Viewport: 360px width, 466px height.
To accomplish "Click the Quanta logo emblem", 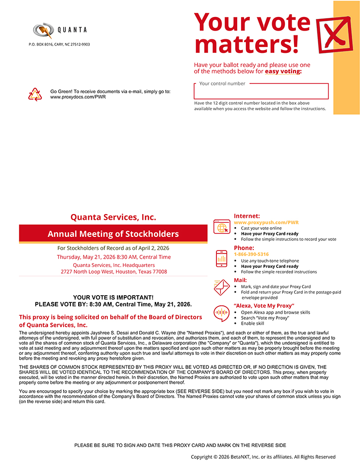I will (43, 31).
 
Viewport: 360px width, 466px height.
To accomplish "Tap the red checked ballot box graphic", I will (334, 34).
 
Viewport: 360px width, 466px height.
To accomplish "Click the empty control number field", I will (261, 92).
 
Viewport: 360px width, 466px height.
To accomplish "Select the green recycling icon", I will (35, 94).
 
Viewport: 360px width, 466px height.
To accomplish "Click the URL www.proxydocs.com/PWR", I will (78, 97).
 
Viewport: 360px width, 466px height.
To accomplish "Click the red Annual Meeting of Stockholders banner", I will (113, 234).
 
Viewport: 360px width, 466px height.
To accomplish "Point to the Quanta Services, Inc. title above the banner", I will (113, 217).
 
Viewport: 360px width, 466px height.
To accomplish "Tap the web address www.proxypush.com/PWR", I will (266, 222).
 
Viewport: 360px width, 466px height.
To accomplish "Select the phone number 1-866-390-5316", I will (251, 254).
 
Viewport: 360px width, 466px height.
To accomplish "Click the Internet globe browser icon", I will (222, 227).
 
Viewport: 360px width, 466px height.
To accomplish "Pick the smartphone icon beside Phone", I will (222, 258).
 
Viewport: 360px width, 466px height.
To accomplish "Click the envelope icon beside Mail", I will (222, 287).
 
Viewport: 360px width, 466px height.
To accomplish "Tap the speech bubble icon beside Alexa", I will (222, 313).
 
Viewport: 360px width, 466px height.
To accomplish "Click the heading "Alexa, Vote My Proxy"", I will (264, 306).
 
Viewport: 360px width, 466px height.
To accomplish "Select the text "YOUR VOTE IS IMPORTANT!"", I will (113, 297).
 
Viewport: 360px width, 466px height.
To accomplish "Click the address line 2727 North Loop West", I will (114, 272).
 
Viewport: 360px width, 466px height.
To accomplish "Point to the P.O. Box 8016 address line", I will (59, 44).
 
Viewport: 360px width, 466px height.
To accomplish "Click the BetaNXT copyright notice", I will (263, 457).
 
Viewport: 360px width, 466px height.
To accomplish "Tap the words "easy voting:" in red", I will (283, 71).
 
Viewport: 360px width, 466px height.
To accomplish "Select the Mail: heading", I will (240, 280).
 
